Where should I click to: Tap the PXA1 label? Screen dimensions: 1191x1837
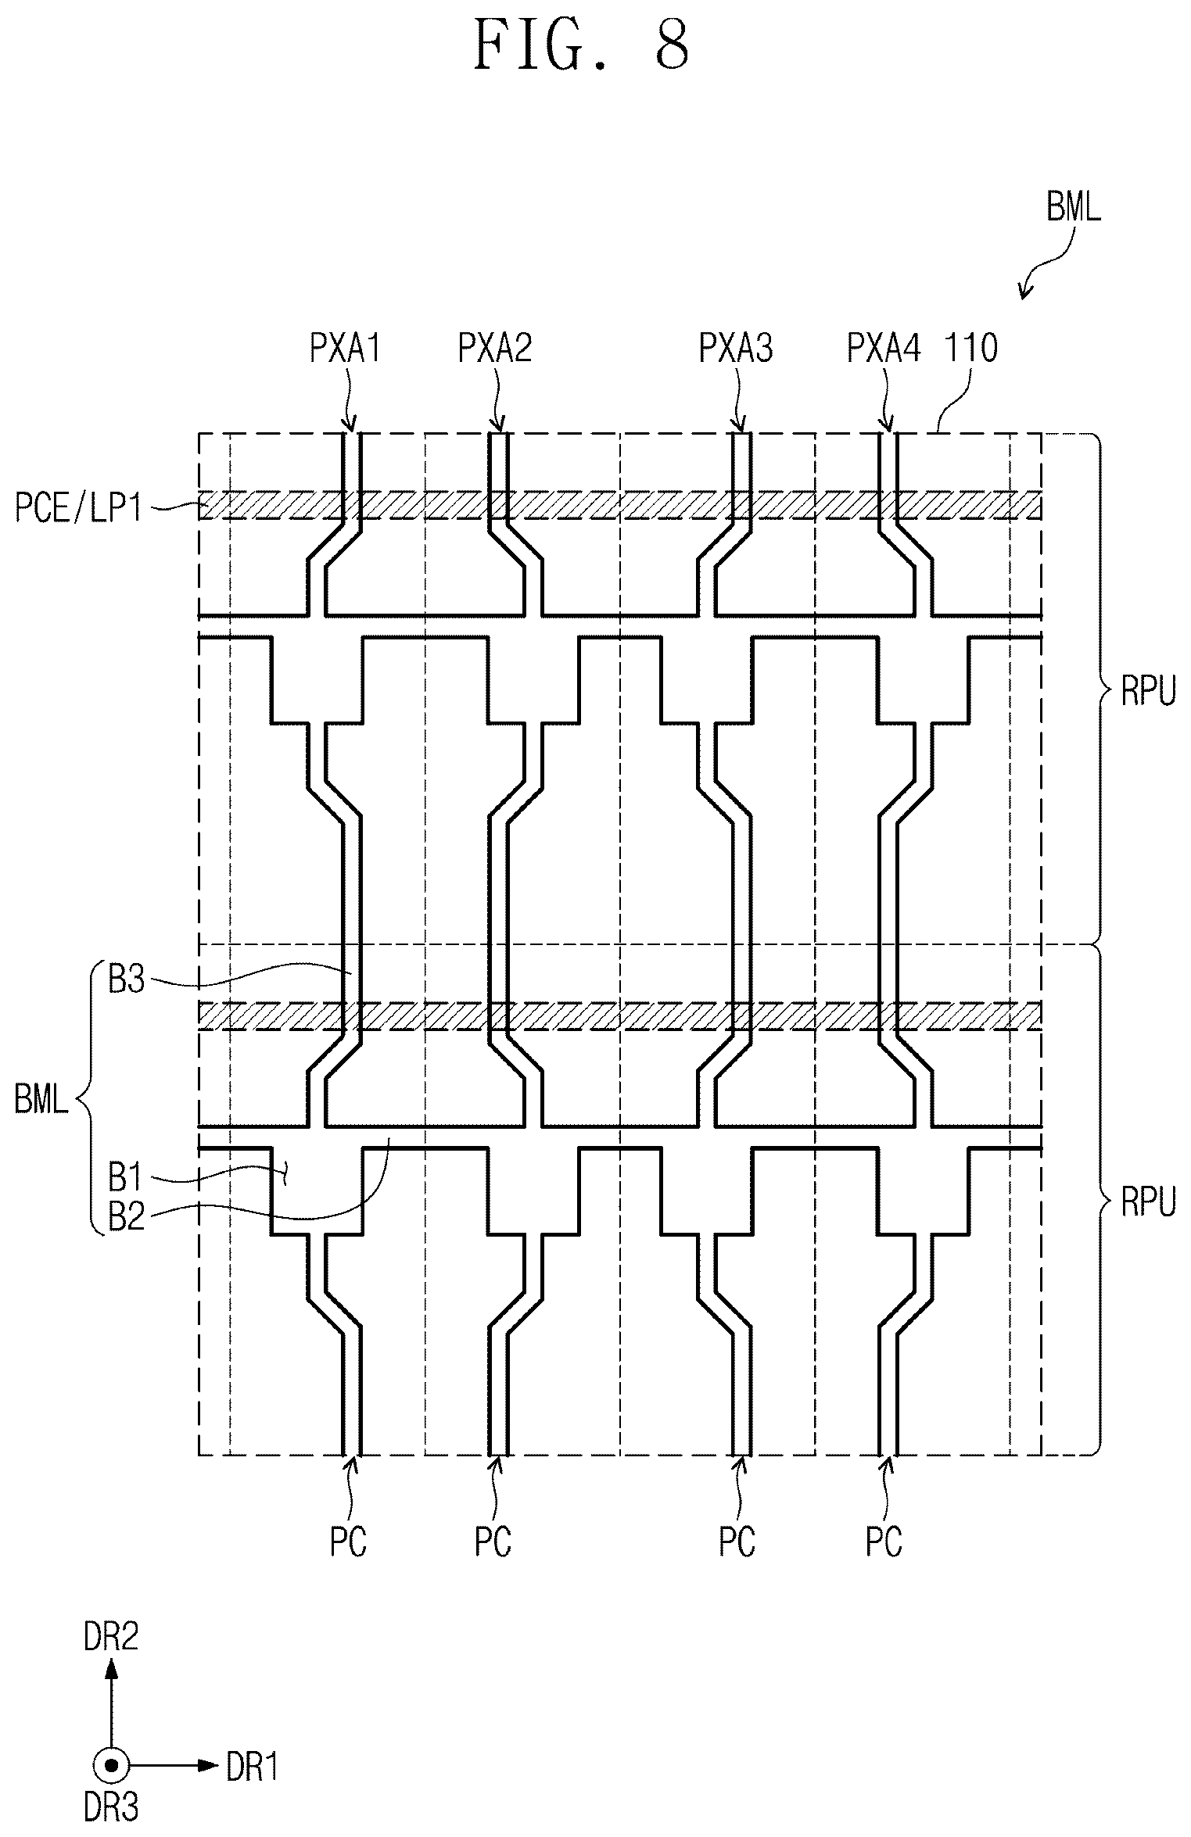coord(346,349)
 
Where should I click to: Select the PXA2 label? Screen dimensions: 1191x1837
coord(495,349)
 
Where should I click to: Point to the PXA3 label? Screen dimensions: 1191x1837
coord(736,349)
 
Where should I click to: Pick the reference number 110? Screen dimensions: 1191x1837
coord(973,349)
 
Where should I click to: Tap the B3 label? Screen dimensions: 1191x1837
coord(126,979)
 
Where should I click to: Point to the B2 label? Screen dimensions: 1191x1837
coord(126,1218)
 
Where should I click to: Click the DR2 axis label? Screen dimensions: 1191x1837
coord(111,1635)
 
